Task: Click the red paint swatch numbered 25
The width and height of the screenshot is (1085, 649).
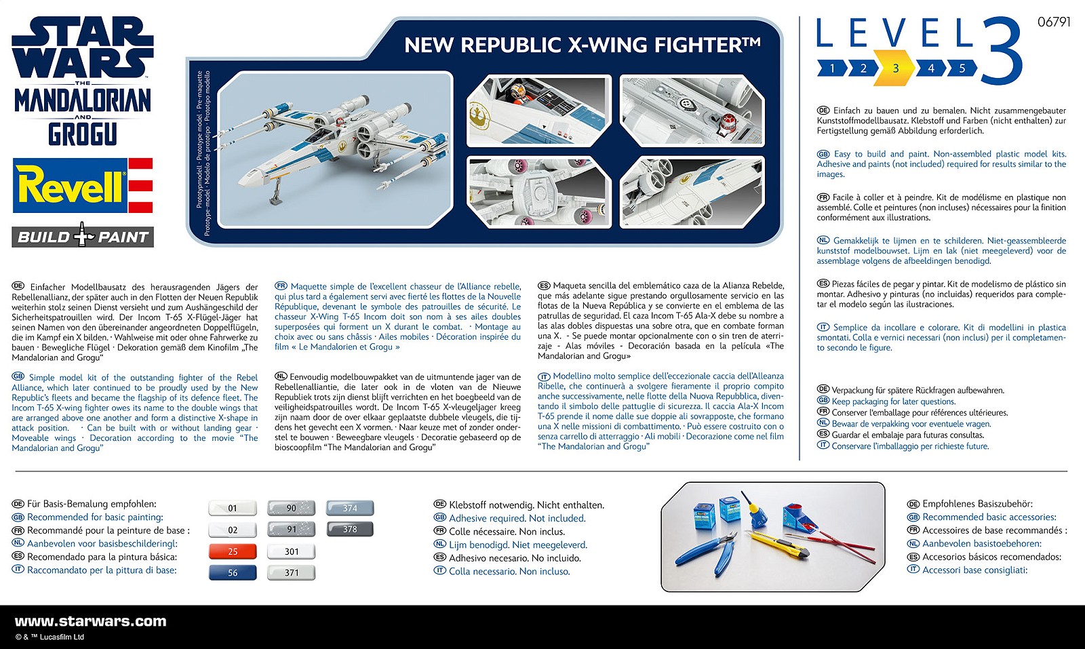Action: tap(233, 551)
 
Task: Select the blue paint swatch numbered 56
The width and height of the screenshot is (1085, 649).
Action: tap(233, 572)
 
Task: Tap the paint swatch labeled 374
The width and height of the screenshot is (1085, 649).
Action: tap(350, 508)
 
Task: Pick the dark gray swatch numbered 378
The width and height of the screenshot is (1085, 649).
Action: tap(350, 529)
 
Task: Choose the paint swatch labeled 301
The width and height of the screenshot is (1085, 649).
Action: tap(292, 551)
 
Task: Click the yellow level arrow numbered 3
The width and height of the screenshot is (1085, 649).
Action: tap(895, 68)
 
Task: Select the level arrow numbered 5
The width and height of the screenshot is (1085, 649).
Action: tap(962, 68)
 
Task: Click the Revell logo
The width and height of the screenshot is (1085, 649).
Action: tap(83, 186)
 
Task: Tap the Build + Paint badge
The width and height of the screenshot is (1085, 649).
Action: tap(83, 237)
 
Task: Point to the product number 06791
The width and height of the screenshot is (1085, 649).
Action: tap(1053, 22)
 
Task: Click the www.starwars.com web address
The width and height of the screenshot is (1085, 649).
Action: tap(90, 621)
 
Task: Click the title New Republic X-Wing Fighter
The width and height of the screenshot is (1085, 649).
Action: tap(582, 45)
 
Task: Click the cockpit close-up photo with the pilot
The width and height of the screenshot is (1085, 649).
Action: tap(539, 112)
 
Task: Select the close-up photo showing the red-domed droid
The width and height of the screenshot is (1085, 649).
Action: tap(692, 112)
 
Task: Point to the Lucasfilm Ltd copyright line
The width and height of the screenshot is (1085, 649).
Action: tap(50, 637)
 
